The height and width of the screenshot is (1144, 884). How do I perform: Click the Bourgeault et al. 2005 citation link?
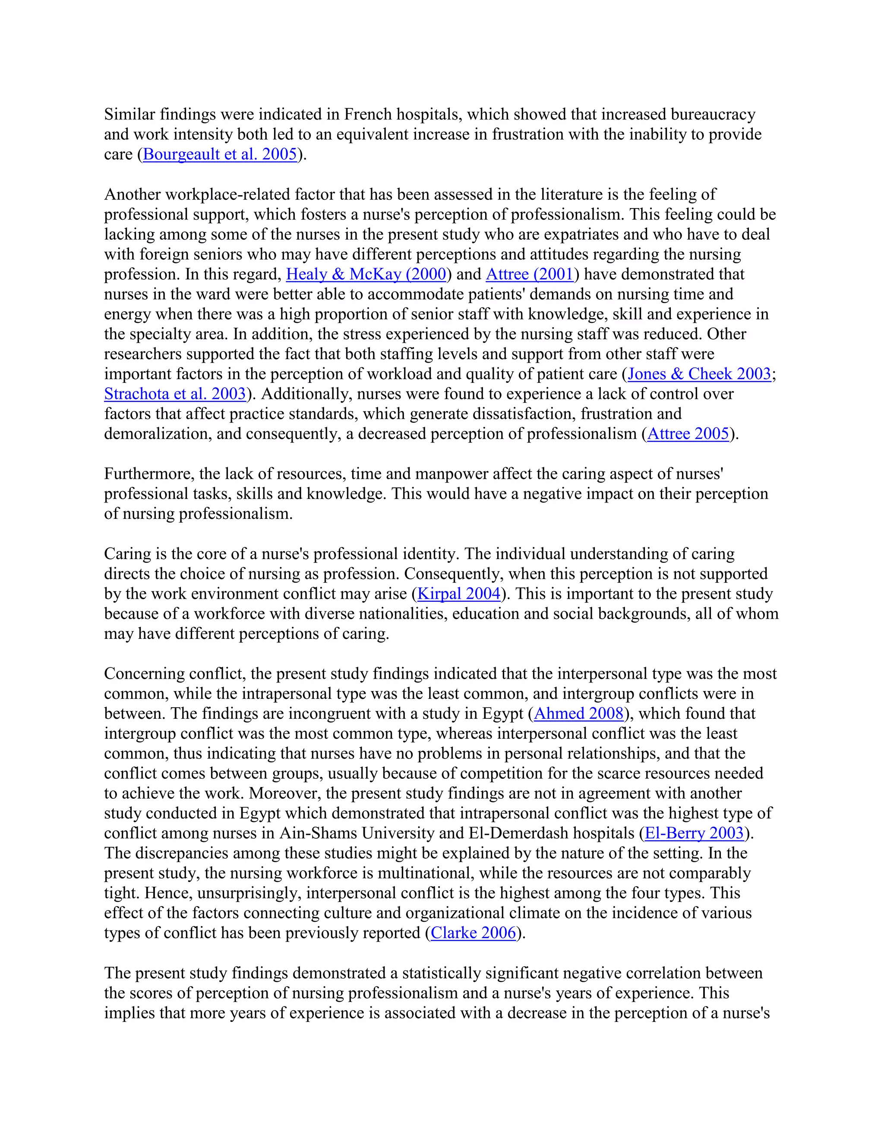pos(220,155)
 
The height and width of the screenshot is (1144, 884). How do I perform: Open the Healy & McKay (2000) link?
pos(366,275)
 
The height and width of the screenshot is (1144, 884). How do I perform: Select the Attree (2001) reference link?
pos(530,275)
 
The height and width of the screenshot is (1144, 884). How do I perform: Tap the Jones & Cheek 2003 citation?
pos(699,374)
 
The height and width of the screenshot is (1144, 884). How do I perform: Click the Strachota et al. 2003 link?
pos(175,394)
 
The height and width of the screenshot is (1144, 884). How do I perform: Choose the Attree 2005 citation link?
pos(688,434)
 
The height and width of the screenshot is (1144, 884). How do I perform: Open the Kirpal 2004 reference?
pos(459,594)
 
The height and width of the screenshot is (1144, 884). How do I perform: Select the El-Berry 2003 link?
pos(694,833)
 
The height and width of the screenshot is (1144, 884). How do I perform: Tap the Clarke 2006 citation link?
pos(474,933)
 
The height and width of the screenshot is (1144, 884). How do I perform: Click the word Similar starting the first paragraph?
pos(129,115)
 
